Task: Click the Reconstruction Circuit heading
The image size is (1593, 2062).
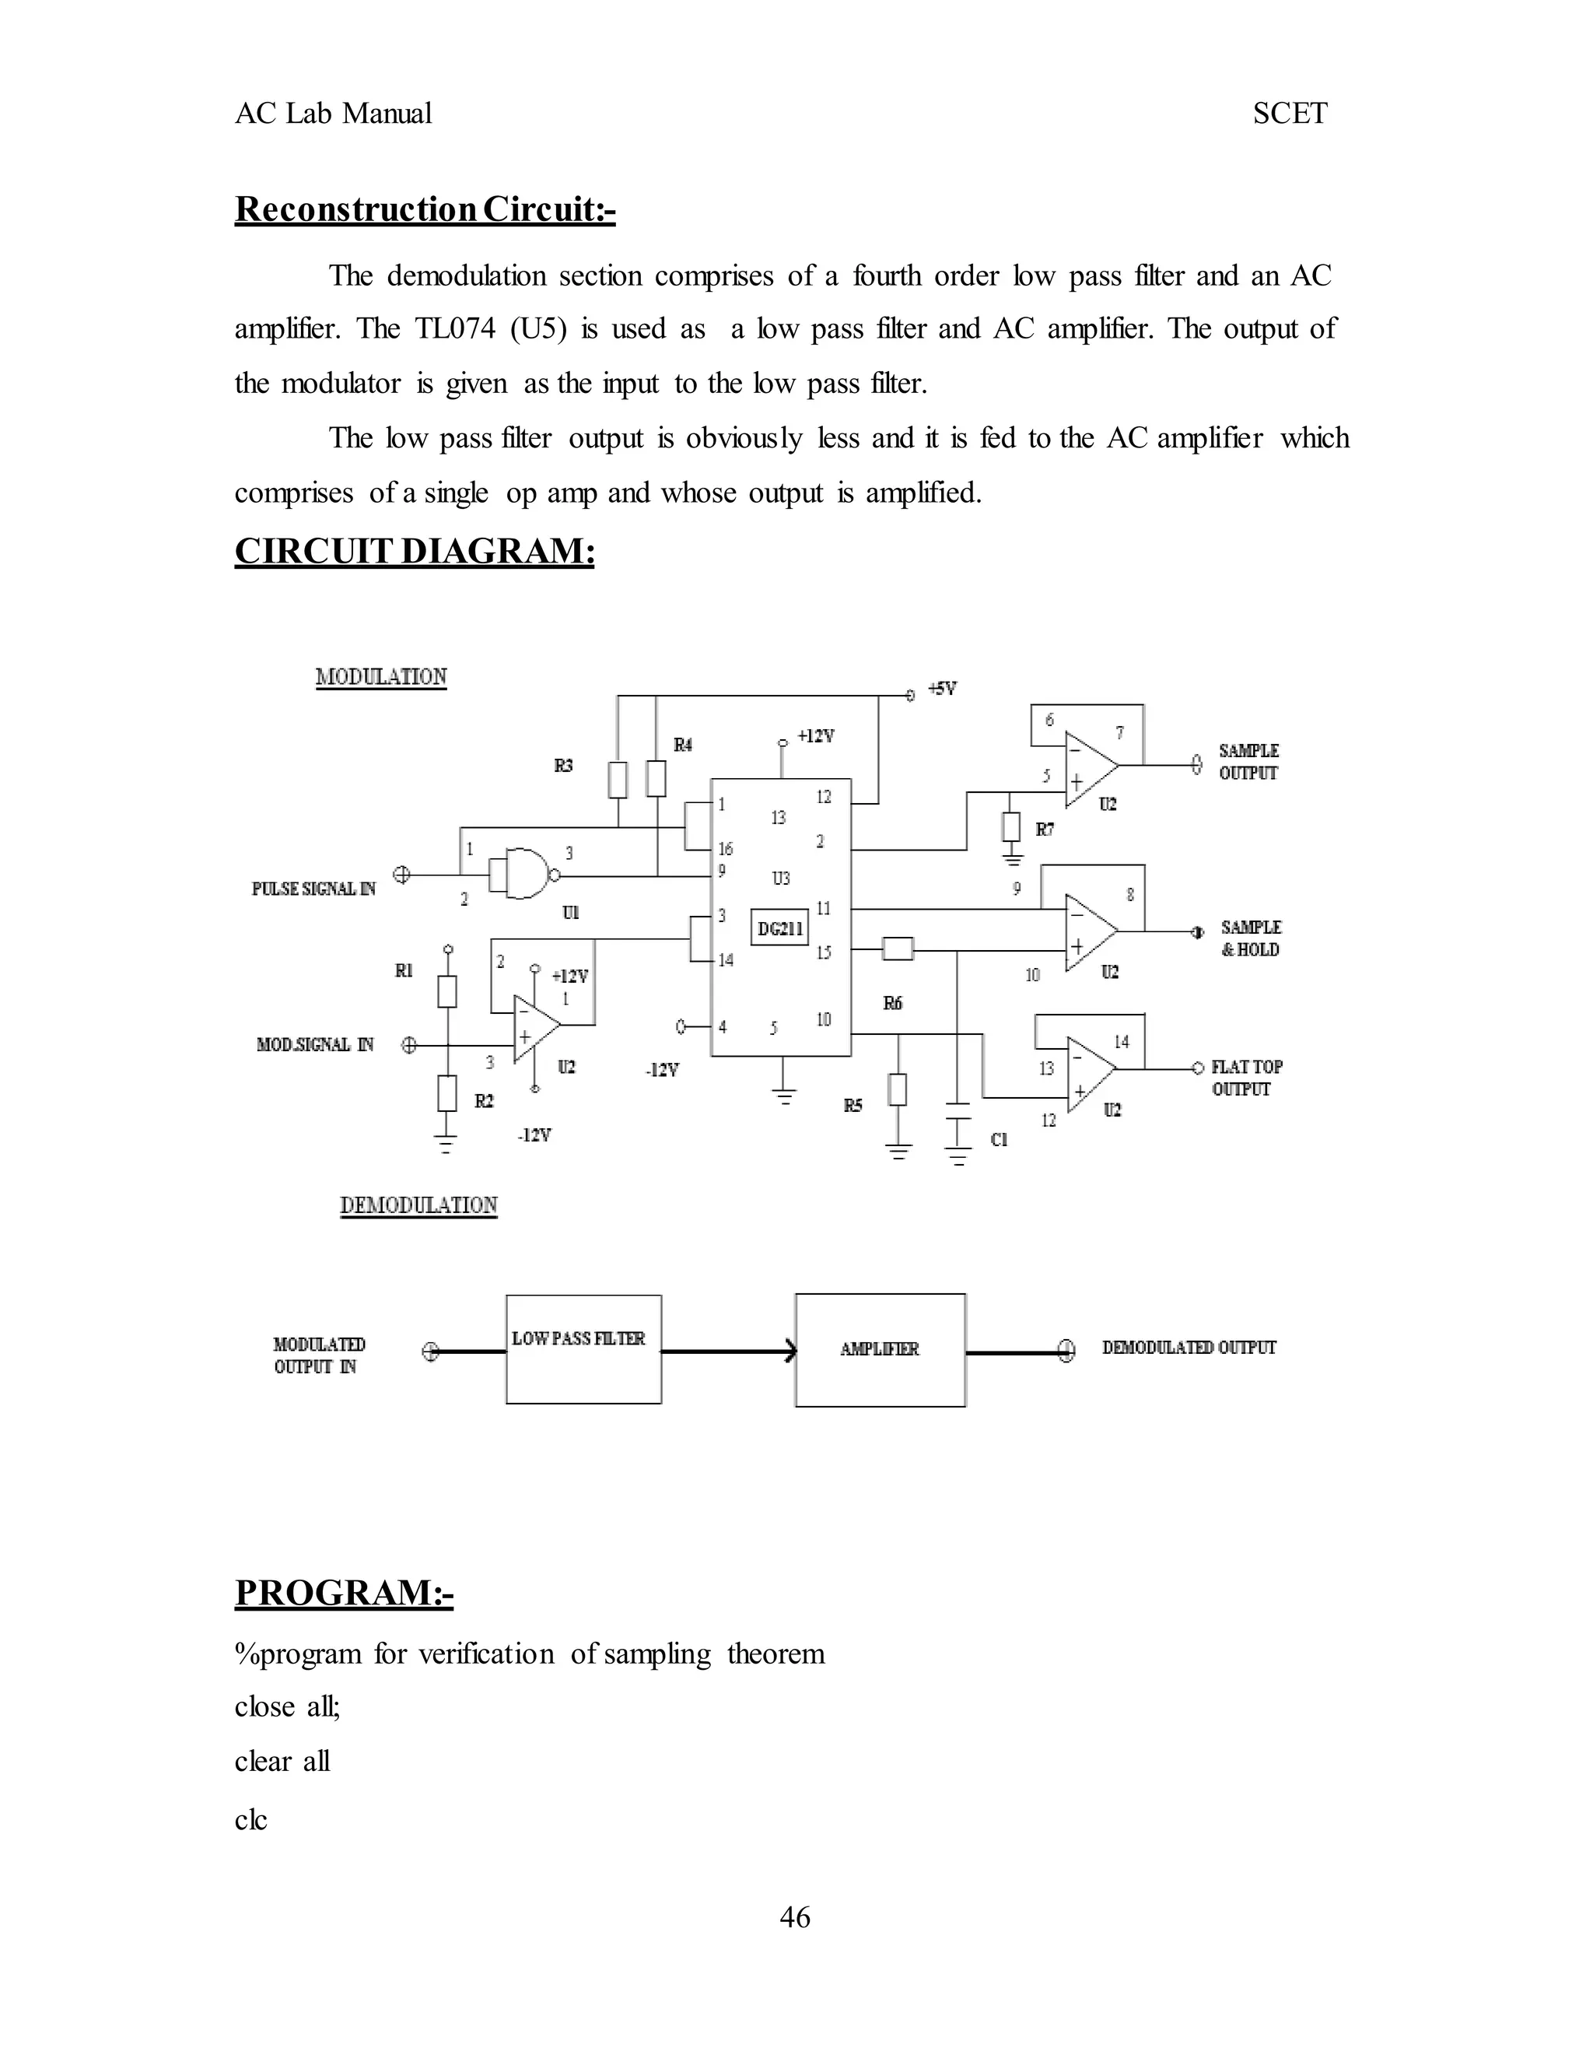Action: coord(425,209)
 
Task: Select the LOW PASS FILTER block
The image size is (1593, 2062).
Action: coord(583,1349)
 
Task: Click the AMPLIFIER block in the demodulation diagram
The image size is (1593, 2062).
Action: coord(880,1349)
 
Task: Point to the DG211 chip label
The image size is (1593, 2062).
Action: coord(780,928)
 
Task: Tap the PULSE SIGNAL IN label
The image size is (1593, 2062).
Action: coord(313,889)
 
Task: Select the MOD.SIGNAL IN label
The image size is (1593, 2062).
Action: coord(315,1044)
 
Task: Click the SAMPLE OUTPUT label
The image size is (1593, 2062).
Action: coord(1248,762)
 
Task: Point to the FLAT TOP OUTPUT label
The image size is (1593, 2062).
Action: coord(1247,1077)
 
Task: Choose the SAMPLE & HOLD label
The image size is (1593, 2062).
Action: coord(1251,938)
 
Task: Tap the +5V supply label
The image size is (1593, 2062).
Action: coord(942,689)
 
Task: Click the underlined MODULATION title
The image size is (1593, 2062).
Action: coord(381,677)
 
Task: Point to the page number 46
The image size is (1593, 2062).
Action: coord(795,1917)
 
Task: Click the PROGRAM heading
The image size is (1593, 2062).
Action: coord(344,1593)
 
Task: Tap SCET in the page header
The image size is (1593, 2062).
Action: coord(1289,114)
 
